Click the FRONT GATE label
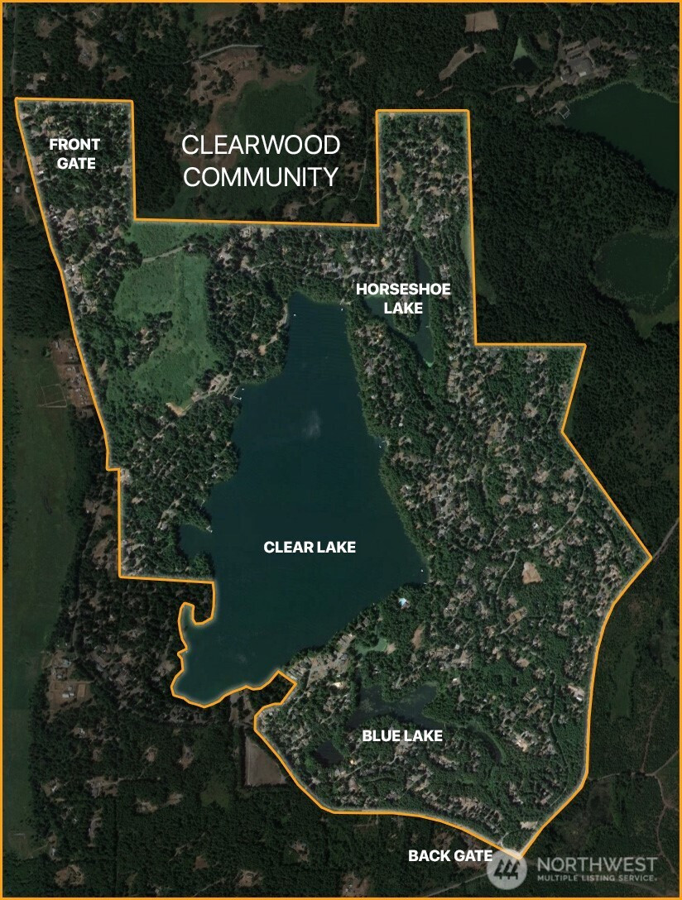pos(74,154)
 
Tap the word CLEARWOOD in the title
pos(261,146)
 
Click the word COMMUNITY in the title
pos(261,177)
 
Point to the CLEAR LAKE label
pos(310,547)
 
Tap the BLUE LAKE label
pos(402,735)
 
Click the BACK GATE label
pos(450,855)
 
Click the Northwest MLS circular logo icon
pos(507,869)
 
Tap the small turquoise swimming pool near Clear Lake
pos(403,601)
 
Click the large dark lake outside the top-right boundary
pos(629,132)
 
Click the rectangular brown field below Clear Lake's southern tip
pos(265,760)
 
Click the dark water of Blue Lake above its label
pos(397,703)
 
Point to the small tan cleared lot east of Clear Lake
pos(529,572)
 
